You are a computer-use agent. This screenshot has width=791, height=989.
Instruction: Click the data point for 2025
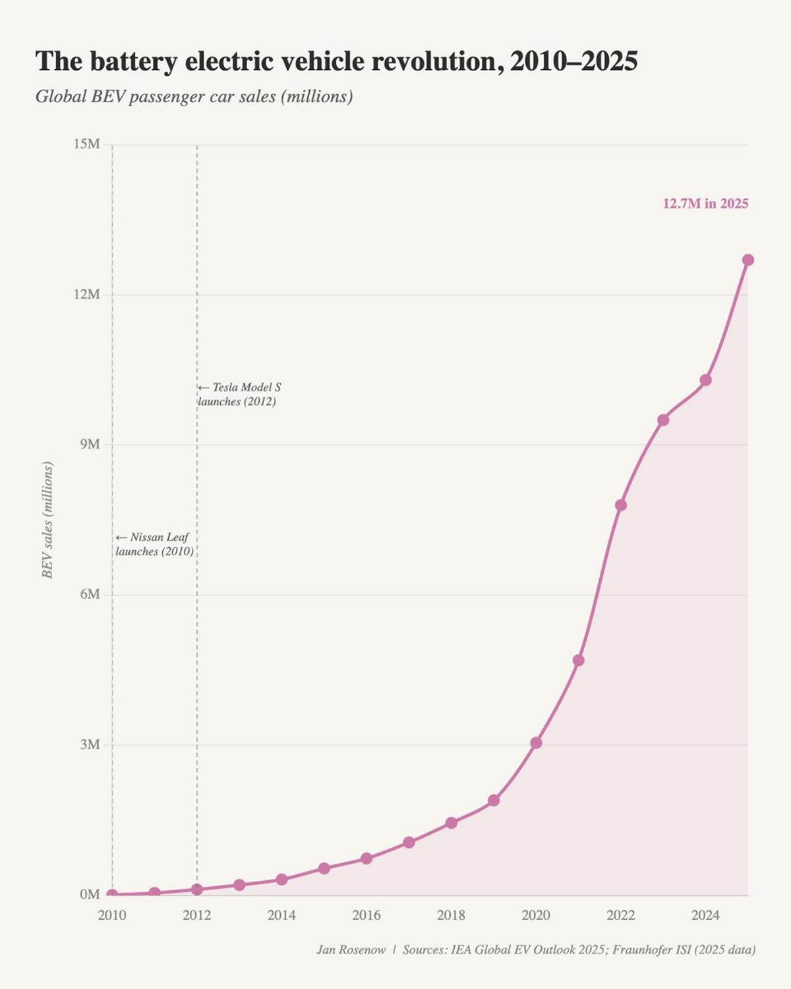(x=747, y=260)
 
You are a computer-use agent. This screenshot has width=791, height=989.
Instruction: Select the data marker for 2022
(x=620, y=505)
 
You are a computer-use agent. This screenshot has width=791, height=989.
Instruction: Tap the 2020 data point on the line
(x=536, y=742)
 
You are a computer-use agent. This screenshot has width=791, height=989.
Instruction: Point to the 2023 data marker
(x=663, y=420)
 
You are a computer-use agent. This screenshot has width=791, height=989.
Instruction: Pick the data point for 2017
(x=409, y=843)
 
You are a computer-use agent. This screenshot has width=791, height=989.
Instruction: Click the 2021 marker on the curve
(x=578, y=660)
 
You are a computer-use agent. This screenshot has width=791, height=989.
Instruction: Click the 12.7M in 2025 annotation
(x=705, y=204)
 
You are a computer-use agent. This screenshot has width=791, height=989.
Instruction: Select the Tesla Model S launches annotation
(x=239, y=394)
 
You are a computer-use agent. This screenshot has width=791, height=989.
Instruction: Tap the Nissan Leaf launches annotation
(x=154, y=545)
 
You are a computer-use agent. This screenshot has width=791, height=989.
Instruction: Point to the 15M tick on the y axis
(x=86, y=144)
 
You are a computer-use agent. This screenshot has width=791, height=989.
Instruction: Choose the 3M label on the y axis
(x=90, y=744)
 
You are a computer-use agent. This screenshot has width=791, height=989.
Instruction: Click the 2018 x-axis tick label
(x=451, y=915)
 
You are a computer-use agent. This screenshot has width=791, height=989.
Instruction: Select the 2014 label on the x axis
(x=281, y=915)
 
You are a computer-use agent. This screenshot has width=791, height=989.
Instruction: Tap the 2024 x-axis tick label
(x=705, y=915)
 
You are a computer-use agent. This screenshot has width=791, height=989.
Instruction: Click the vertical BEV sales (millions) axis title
(x=47, y=520)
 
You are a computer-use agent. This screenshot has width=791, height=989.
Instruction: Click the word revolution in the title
(x=433, y=61)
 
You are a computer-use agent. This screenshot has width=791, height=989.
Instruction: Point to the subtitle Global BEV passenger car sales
(x=194, y=97)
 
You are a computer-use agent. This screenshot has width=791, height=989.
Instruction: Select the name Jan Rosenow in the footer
(x=351, y=950)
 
